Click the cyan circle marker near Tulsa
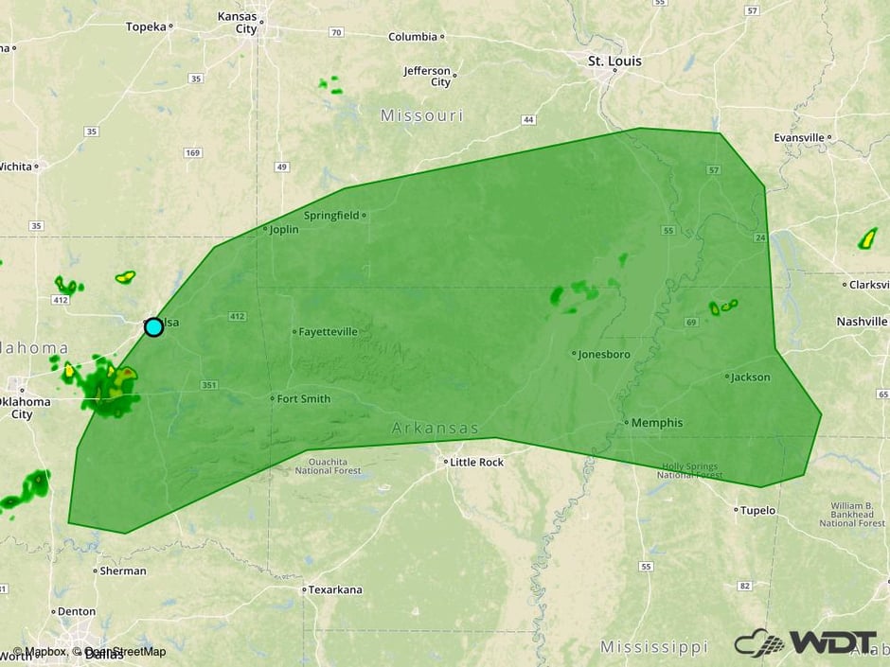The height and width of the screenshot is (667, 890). click(153, 327)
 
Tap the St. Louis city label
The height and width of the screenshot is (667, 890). click(614, 61)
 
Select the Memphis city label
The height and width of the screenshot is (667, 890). click(656, 423)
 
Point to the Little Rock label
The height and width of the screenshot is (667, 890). click(476, 463)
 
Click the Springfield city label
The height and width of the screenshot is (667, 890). click(331, 216)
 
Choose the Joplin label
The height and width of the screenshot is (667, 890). click(283, 230)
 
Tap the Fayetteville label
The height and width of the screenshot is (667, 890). click(328, 332)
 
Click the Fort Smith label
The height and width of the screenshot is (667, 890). click(303, 399)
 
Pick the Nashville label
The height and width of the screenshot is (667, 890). click(862, 322)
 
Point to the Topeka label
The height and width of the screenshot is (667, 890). click(146, 26)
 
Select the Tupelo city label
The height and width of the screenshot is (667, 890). click(756, 510)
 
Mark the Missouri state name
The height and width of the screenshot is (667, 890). click(421, 115)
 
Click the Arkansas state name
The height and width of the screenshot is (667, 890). click(436, 429)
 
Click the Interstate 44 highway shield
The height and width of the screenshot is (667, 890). click(528, 120)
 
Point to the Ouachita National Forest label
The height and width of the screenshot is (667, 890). click(328, 465)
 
